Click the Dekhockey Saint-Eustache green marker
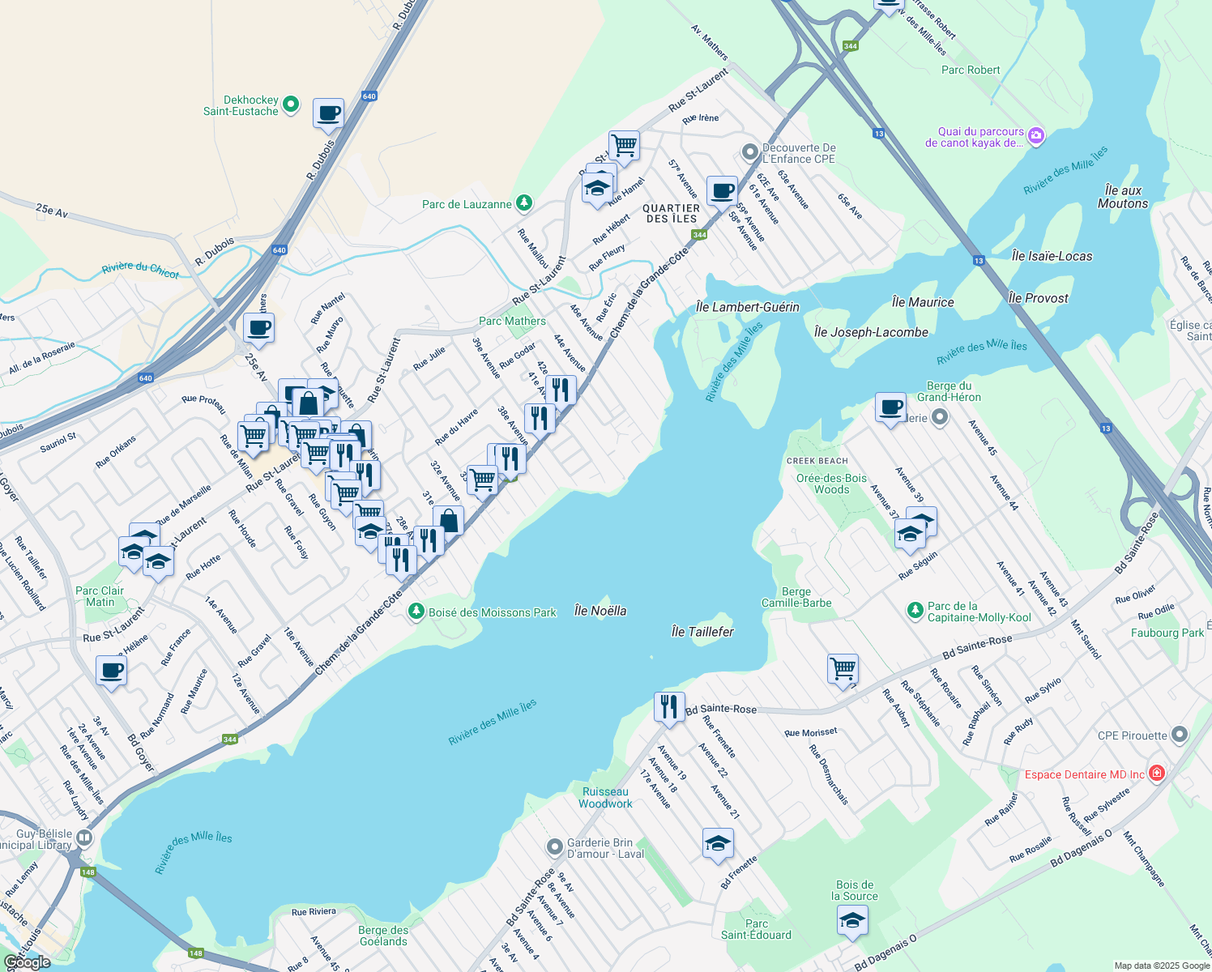(x=291, y=104)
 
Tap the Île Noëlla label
(x=600, y=611)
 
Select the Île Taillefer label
(x=702, y=631)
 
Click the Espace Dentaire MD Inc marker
(x=1156, y=774)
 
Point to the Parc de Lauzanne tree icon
(x=524, y=202)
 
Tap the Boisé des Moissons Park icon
(x=416, y=612)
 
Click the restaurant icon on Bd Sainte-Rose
(x=668, y=706)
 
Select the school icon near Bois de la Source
(x=851, y=920)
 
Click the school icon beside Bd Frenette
(x=718, y=843)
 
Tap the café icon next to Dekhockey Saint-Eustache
(x=328, y=113)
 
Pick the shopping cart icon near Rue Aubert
(x=843, y=668)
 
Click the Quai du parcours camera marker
(x=1036, y=135)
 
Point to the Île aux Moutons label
(x=1122, y=197)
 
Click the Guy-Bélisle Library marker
(x=84, y=838)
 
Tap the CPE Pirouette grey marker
(x=1179, y=735)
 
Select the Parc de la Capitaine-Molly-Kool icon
(x=915, y=610)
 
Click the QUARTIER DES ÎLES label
(x=671, y=213)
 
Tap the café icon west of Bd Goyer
(x=111, y=671)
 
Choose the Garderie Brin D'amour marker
(x=555, y=847)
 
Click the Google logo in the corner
(x=28, y=961)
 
